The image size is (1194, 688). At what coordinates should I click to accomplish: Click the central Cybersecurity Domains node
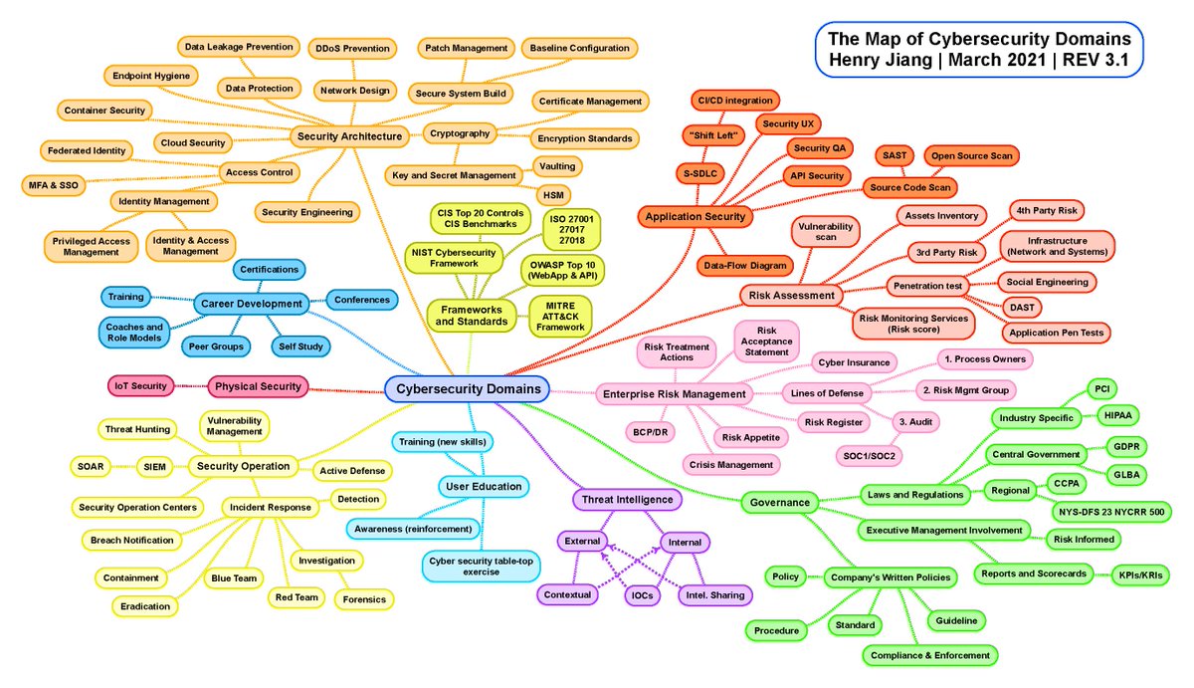465,388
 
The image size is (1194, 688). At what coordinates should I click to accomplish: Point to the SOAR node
94,465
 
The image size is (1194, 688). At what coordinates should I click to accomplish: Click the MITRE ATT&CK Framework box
560,315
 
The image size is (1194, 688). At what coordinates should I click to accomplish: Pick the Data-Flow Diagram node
745,265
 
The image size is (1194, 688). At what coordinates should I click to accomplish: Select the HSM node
552,194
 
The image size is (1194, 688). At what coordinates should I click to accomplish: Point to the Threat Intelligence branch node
626,500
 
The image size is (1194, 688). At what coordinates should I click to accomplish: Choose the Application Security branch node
695,216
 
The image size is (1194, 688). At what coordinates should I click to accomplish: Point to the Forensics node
364,599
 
